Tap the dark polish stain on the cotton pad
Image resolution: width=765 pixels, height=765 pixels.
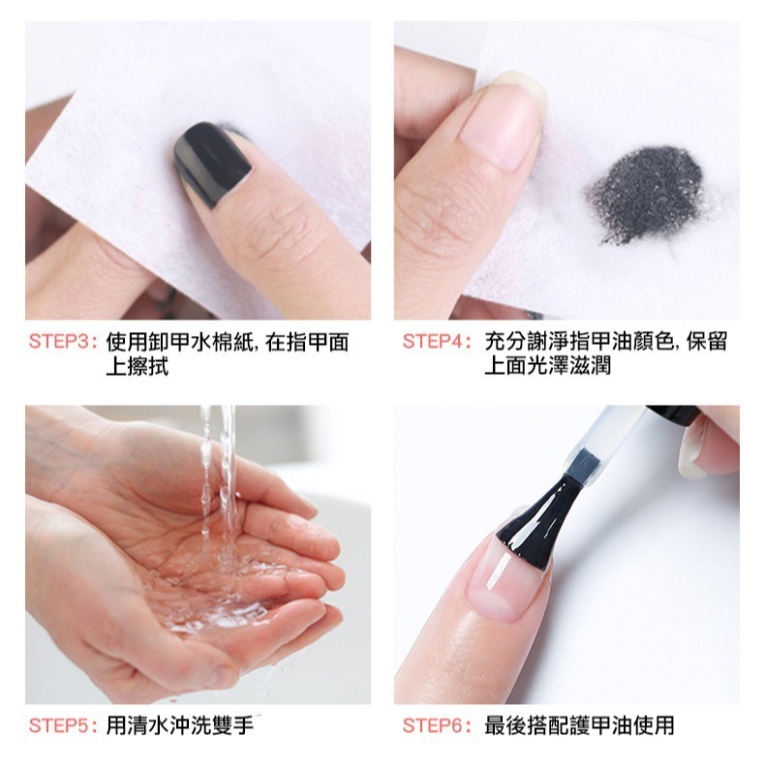point(645,194)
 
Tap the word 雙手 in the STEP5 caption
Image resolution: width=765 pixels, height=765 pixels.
point(232,726)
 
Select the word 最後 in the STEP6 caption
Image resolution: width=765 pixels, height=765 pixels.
point(505,726)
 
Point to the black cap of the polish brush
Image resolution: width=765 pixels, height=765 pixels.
point(672,414)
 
